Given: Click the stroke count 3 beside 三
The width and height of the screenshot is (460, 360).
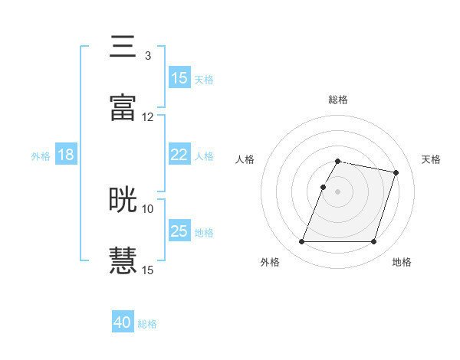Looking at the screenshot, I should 148,56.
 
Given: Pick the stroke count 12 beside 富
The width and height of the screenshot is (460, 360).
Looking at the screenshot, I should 148,117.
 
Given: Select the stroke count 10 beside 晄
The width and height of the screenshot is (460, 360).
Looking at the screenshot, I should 148,208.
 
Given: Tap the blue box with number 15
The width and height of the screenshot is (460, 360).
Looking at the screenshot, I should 179,78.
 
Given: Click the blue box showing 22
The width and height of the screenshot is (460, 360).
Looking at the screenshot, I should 179,155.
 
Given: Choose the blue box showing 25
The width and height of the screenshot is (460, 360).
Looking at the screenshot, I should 179,231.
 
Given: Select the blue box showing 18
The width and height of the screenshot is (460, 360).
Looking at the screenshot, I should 66,155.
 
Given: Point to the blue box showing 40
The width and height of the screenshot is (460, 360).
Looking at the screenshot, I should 123,322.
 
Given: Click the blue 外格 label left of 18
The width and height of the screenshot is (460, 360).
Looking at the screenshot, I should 41,155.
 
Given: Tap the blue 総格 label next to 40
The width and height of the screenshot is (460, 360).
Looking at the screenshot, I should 147,323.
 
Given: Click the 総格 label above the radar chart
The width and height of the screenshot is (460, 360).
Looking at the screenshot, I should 338,100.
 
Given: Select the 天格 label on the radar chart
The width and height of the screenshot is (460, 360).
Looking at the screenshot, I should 432,159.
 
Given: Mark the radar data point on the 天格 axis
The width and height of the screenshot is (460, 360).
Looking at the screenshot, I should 396,173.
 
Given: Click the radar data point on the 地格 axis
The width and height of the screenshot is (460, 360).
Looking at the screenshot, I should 373,242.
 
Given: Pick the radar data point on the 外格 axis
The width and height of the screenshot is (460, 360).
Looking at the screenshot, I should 302,242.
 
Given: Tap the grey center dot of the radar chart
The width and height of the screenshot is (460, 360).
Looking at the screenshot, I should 338,191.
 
